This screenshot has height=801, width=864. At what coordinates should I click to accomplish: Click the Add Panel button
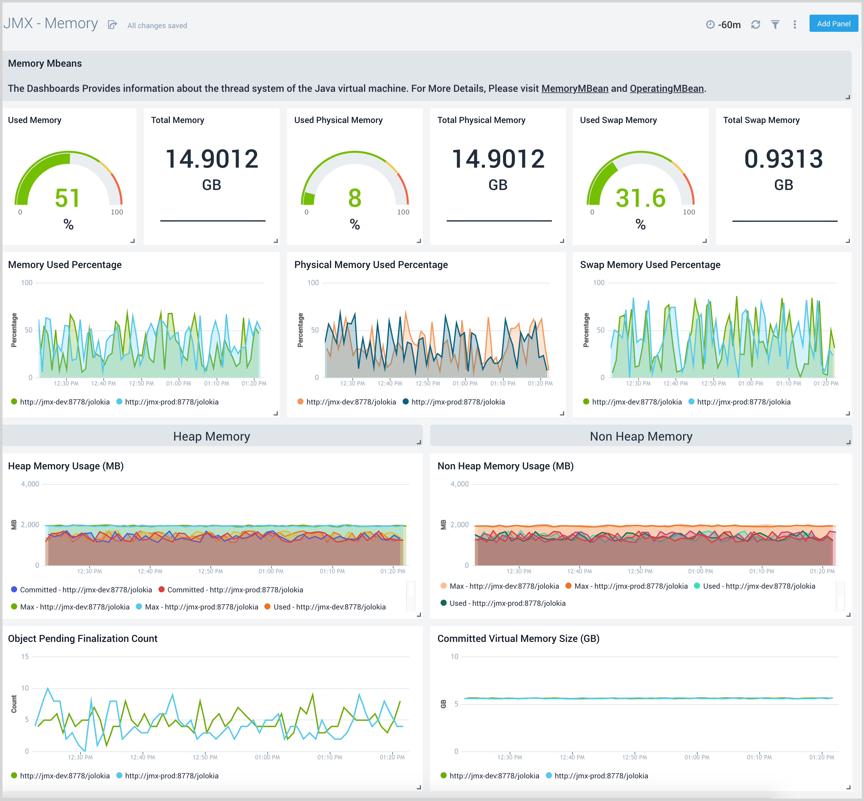coord(833,24)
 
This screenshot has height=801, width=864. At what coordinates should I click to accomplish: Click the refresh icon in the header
coord(756,25)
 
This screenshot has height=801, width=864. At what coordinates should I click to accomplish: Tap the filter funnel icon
coord(775,25)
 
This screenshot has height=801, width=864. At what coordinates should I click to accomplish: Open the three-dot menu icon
coord(795,25)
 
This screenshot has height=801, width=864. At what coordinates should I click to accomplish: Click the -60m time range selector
coord(724,25)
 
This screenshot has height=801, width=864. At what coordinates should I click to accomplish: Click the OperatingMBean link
coord(666,88)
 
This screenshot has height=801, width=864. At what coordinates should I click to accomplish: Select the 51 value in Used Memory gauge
coord(68,198)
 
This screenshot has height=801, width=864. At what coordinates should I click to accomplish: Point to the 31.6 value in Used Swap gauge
coord(640,198)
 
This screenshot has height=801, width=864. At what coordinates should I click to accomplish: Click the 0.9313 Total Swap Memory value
coord(783,158)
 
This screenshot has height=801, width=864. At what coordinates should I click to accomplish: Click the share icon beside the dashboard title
coord(112,25)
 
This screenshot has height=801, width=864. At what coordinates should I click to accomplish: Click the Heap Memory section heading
coord(211,437)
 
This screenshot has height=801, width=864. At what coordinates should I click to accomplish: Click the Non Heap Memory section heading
coord(641,437)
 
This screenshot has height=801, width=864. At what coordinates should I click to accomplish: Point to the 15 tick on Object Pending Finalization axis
coord(25,657)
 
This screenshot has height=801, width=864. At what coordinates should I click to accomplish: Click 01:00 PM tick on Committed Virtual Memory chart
coord(697,757)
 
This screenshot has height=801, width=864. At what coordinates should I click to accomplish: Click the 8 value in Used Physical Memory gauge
coord(355,198)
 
